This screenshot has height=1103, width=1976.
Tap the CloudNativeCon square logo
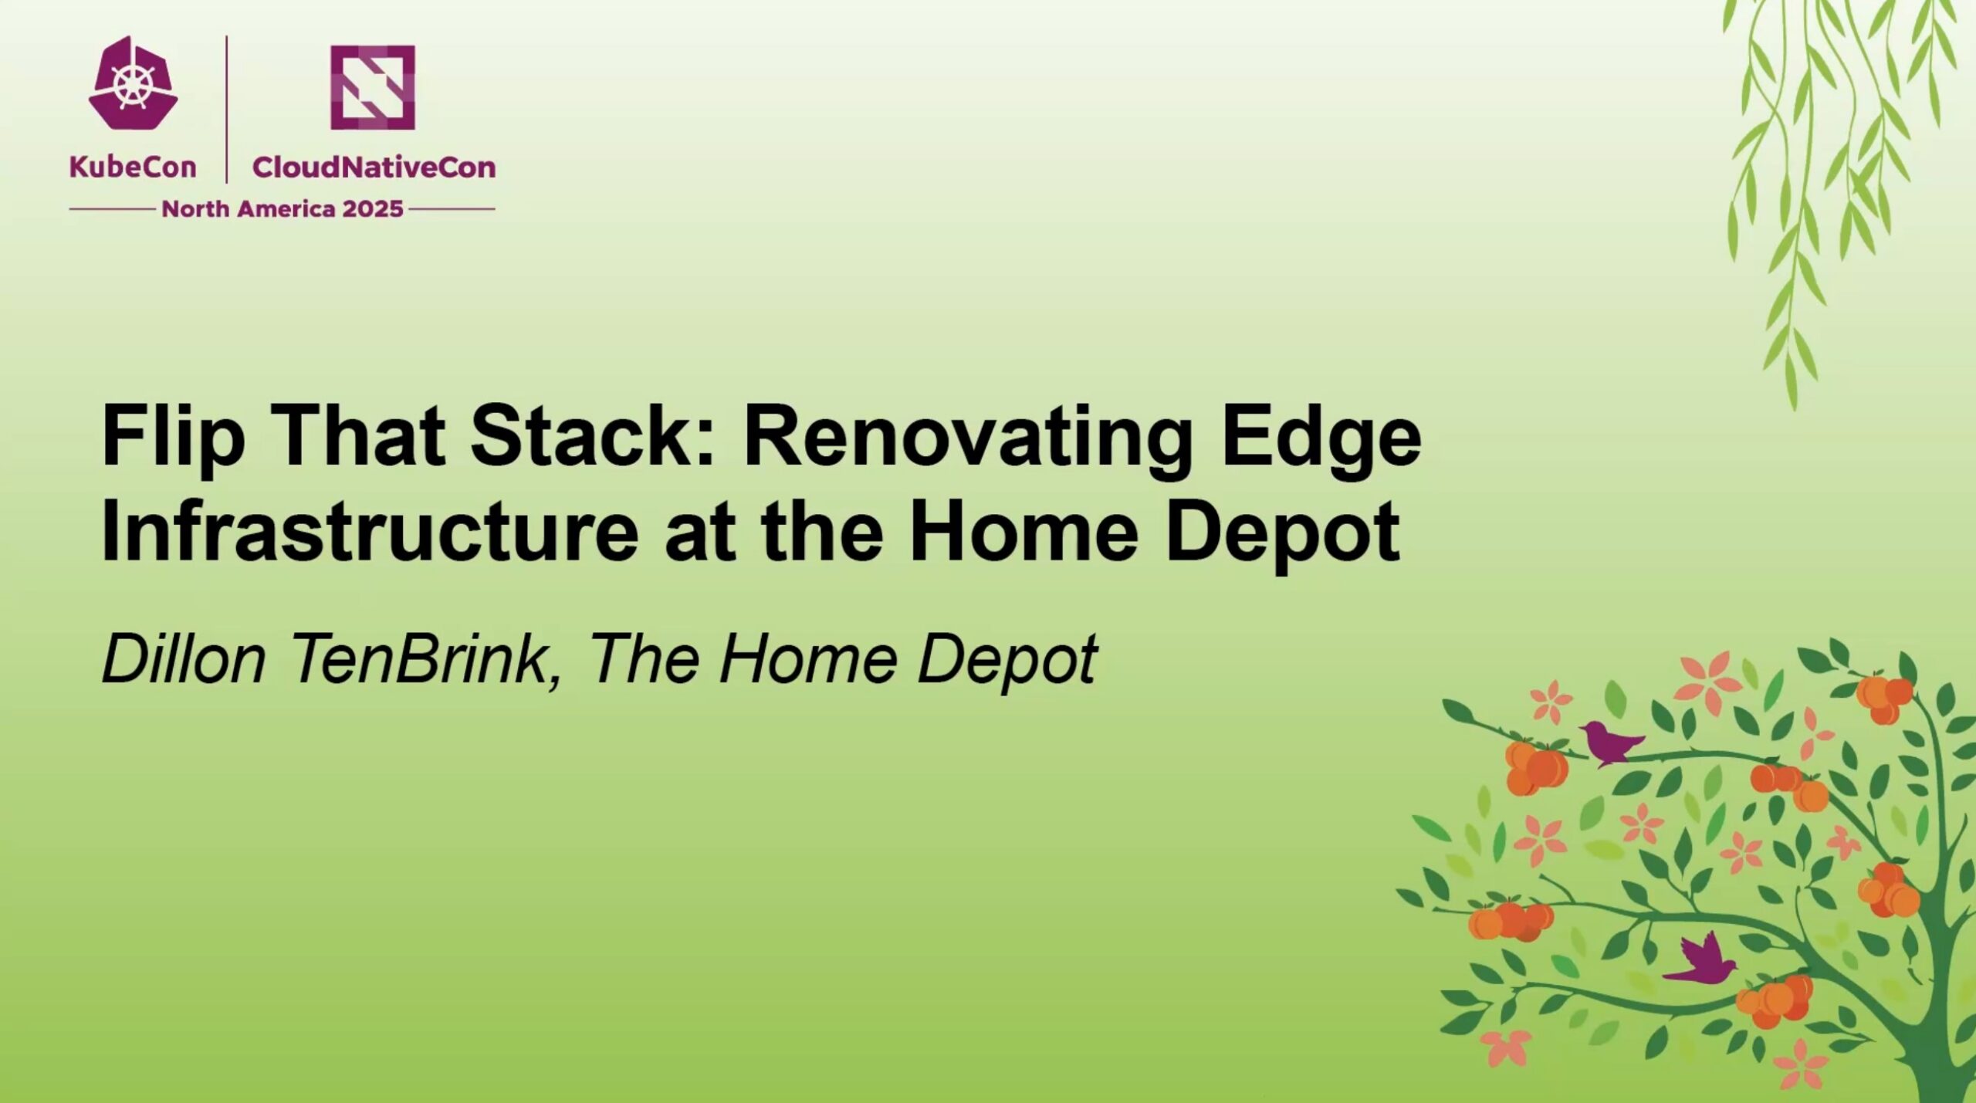[x=373, y=87]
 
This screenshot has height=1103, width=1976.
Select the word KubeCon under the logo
[x=133, y=167]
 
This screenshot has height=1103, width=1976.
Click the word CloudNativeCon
[x=374, y=167]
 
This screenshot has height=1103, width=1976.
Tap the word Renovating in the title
[x=968, y=437]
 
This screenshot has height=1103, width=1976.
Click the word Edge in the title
[x=1321, y=437]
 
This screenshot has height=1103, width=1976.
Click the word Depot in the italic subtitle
[x=1007, y=661]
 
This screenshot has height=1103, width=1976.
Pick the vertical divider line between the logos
[x=226, y=109]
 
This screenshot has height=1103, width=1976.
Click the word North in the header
[x=195, y=209]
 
